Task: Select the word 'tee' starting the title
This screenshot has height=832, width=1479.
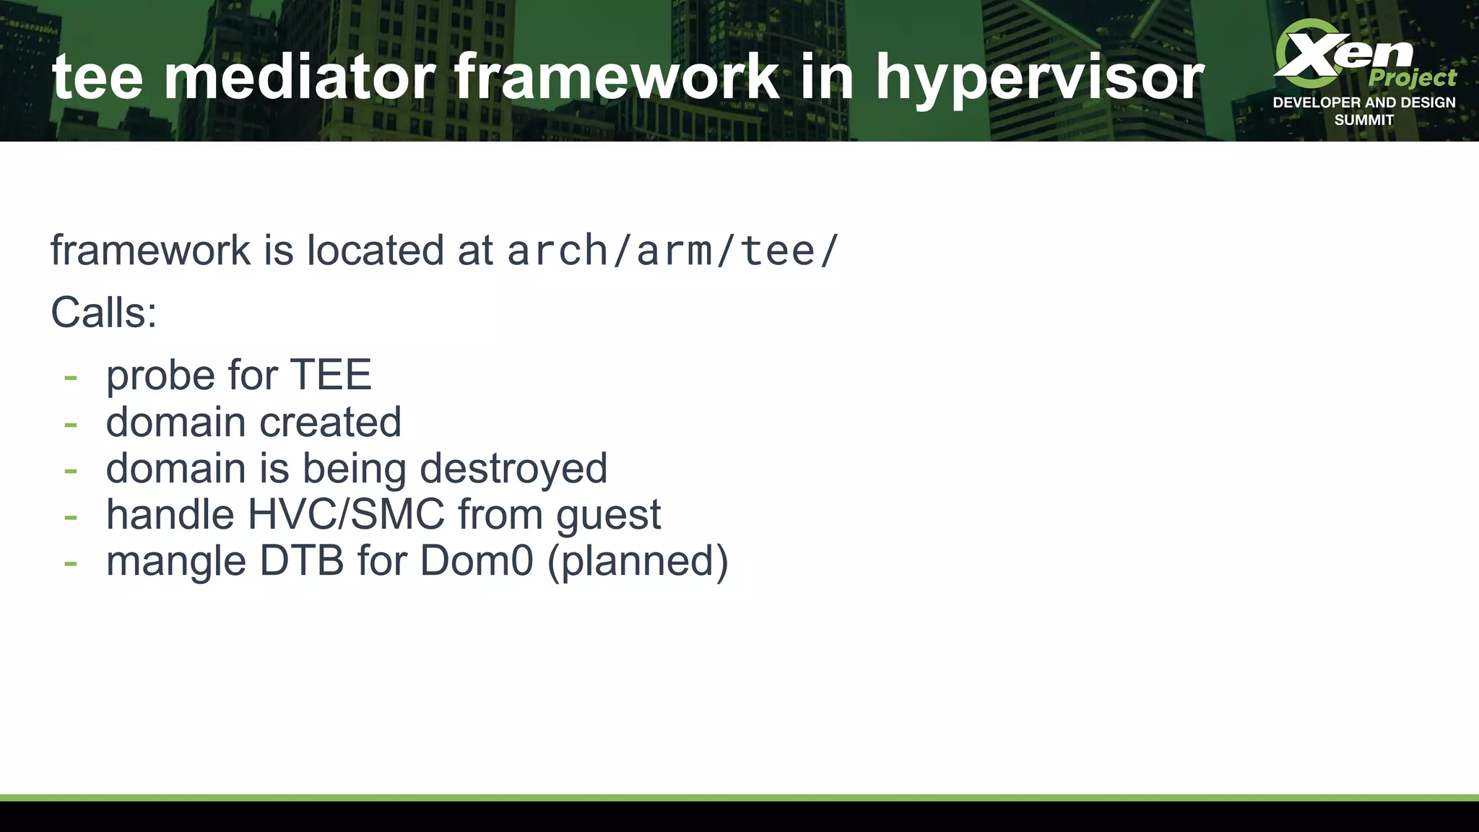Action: [97, 78]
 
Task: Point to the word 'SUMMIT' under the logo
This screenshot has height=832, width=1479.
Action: [1363, 121]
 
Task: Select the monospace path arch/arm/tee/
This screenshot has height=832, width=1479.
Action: [672, 251]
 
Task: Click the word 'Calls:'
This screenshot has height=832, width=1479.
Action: [104, 313]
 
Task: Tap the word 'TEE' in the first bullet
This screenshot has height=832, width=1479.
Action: [331, 375]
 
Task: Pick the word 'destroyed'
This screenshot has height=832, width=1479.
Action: [513, 468]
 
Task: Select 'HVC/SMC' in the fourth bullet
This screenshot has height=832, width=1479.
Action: [346, 514]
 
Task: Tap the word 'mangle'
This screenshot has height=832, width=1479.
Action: [176, 562]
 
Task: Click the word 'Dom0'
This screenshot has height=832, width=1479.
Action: [477, 560]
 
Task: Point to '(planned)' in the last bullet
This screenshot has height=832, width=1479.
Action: [638, 562]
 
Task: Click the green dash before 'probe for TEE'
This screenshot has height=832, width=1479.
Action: [70, 377]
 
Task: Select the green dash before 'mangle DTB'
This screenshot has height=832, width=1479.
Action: [70, 563]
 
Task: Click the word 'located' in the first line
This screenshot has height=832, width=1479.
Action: [375, 251]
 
